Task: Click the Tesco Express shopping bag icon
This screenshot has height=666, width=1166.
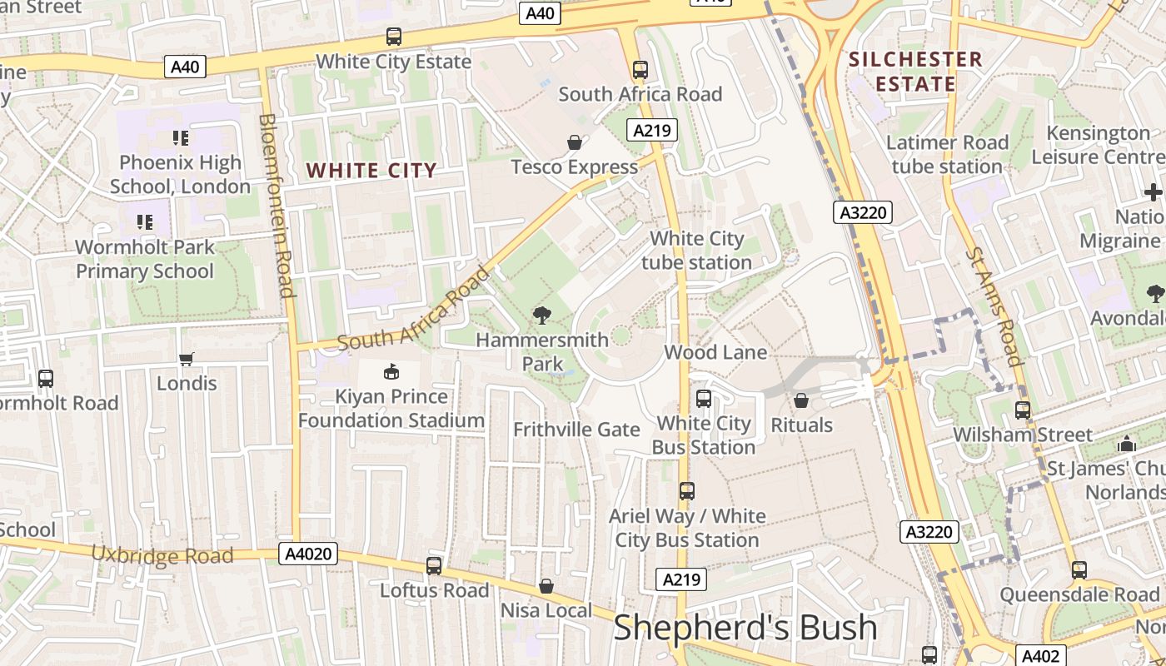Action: point(574,142)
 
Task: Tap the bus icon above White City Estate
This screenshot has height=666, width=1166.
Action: point(394,37)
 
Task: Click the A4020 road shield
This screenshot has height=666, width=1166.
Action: point(308,554)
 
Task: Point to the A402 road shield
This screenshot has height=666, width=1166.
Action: point(1039,655)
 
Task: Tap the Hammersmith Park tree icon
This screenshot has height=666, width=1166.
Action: point(542,315)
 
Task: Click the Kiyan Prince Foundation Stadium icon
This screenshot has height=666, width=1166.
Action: point(391,371)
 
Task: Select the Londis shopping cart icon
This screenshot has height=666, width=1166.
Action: point(187,359)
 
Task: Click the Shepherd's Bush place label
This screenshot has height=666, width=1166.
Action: point(745,628)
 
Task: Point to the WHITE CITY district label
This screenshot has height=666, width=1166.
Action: point(371,171)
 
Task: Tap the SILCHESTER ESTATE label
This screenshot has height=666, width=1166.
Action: point(915,72)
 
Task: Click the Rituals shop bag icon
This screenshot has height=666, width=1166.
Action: point(801,401)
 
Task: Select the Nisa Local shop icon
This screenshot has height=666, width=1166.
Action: point(546,587)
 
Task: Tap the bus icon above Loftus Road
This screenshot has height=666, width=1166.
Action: point(434,566)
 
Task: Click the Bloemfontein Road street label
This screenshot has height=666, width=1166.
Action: point(277,205)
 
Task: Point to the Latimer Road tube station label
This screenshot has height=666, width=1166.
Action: point(947,154)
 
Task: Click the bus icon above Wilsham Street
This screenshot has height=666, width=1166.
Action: point(1023,410)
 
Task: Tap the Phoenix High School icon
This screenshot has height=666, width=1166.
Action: point(181,138)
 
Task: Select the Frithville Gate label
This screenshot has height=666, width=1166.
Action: point(576,430)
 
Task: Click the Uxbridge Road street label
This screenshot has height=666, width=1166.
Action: point(162,555)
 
